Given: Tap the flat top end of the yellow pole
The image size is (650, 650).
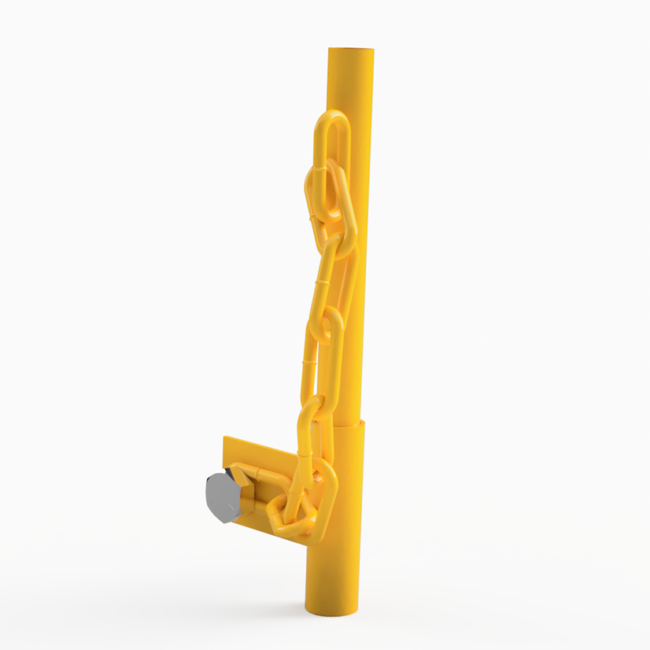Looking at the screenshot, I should pyautogui.click(x=351, y=50).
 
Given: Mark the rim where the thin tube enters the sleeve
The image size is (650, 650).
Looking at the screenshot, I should pyautogui.click(x=347, y=424).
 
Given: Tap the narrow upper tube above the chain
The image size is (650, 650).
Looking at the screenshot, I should pyautogui.click(x=351, y=83).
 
